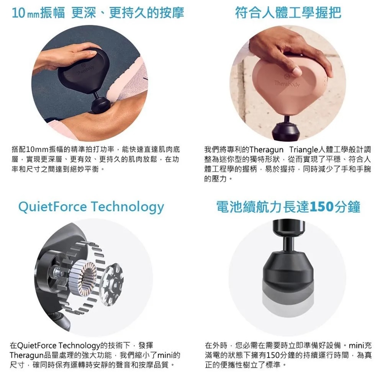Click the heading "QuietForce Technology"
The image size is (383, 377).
tap(91, 207)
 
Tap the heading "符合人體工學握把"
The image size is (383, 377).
tap(288, 13)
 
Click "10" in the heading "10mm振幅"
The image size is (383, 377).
tap(18, 13)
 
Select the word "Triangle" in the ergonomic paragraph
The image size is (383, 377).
tap(304, 149)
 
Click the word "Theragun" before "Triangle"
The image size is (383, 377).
tap(267, 149)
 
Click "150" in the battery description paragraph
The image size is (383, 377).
tap(273, 355)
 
